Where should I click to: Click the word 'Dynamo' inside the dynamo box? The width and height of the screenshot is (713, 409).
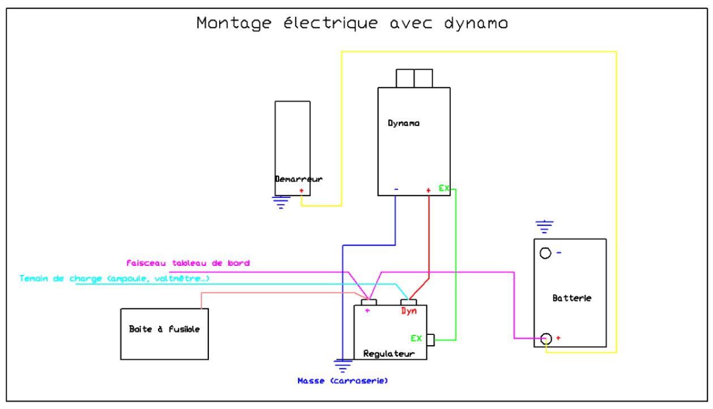click(x=404, y=123)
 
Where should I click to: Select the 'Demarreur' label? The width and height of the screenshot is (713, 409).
click(x=298, y=178)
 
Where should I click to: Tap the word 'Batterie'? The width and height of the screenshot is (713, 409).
click(x=571, y=298)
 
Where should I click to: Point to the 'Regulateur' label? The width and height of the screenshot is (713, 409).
click(x=390, y=354)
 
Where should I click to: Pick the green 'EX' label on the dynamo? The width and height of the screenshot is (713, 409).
click(x=444, y=187)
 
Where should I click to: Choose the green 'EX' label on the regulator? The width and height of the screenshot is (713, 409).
click(x=416, y=338)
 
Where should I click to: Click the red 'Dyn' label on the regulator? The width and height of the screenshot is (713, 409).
click(x=408, y=311)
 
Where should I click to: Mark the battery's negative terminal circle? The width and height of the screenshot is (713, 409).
click(x=545, y=253)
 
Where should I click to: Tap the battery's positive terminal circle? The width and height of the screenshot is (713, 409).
click(x=545, y=338)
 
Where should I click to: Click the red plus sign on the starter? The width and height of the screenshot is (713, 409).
click(x=301, y=191)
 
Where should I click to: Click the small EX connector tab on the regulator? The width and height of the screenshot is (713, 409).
click(x=430, y=339)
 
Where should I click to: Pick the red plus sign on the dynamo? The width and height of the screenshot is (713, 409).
click(x=428, y=191)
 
